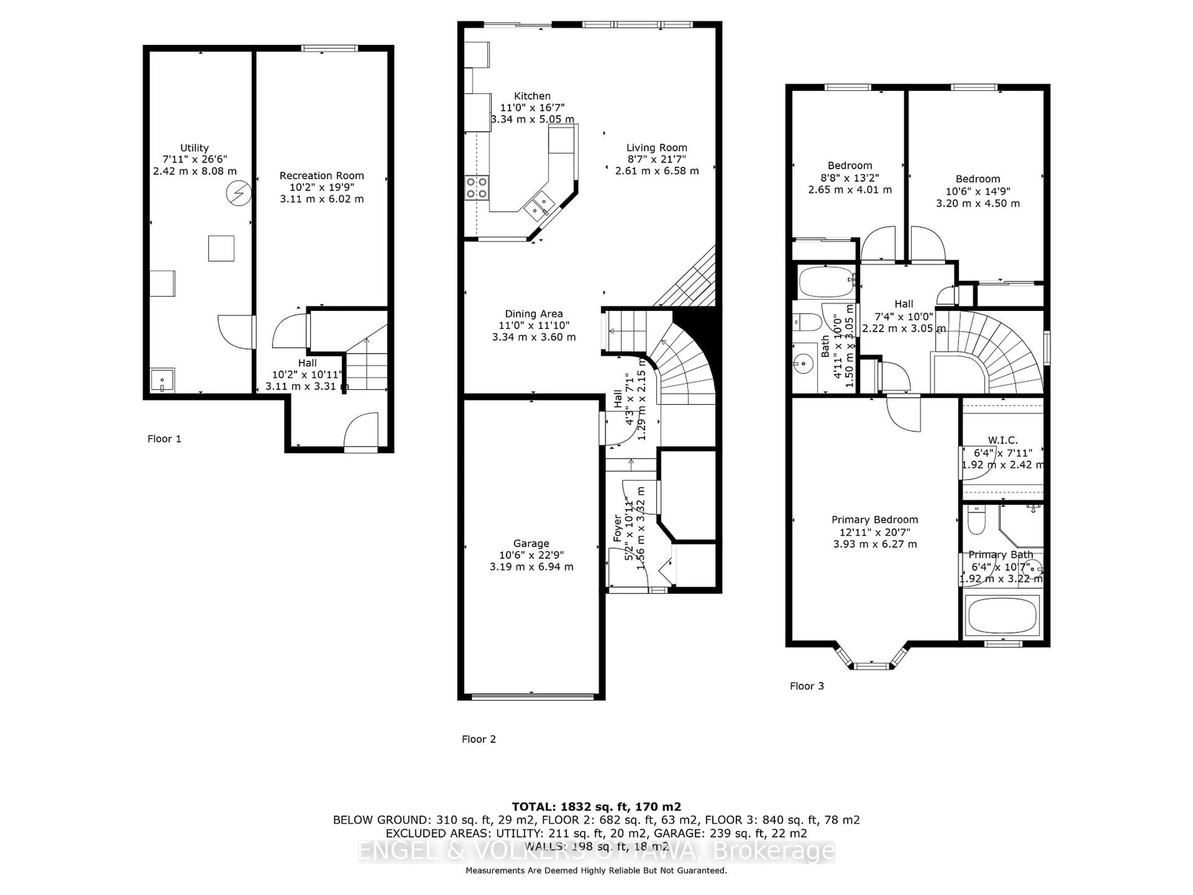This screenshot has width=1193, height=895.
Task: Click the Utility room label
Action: [194, 148]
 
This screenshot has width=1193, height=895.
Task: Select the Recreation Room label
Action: [322, 176]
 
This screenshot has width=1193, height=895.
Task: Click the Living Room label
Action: [656, 148]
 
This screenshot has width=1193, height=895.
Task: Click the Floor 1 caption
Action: [164, 438]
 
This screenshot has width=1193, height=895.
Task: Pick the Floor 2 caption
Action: [478, 739]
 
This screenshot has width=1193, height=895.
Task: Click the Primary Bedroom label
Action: [874, 520]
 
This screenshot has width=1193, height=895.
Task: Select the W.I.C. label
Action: [1003, 441]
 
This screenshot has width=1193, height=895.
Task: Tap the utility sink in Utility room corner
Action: [162, 381]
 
